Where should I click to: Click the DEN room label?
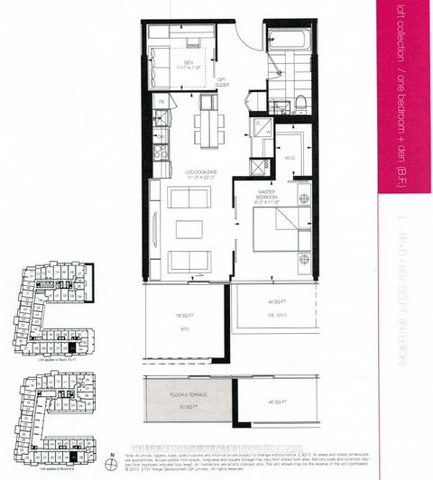tap(190, 64)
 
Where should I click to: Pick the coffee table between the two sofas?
tap(189, 229)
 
